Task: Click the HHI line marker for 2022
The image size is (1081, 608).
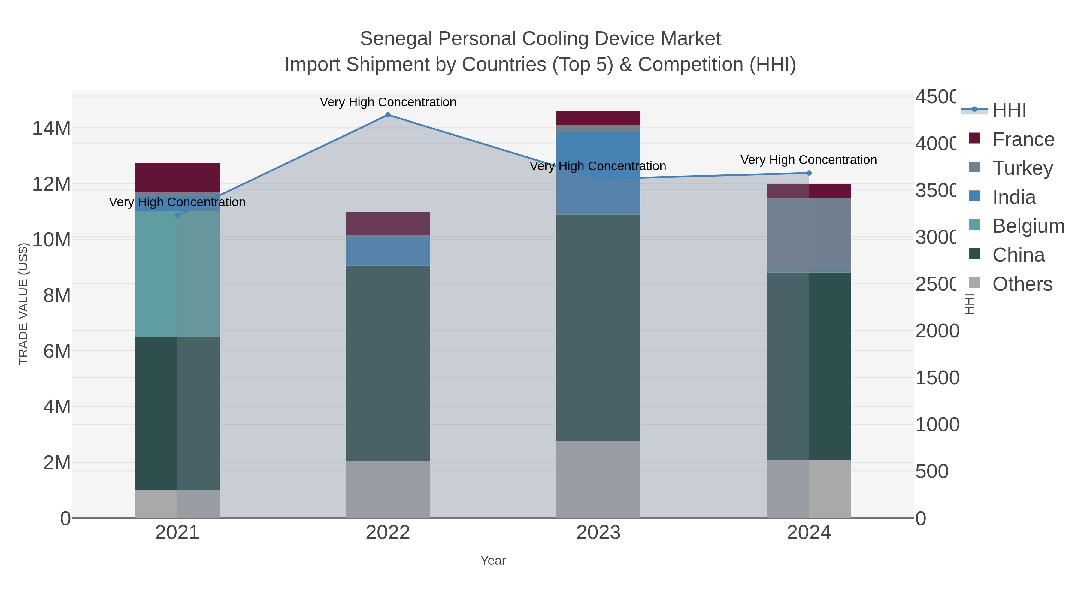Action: click(x=388, y=115)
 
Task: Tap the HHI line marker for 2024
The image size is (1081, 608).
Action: click(x=809, y=173)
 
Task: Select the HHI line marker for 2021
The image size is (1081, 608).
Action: click(x=177, y=216)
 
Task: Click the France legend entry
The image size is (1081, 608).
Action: click(x=1023, y=139)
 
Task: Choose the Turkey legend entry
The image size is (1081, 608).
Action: click(x=1022, y=168)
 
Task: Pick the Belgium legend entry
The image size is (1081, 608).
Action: click(x=1028, y=226)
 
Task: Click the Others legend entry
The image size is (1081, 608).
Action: click(x=1022, y=284)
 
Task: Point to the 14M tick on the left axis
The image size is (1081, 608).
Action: click(x=51, y=129)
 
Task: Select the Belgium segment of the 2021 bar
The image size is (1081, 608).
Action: click(x=177, y=274)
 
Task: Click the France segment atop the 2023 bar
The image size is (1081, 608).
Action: click(x=598, y=118)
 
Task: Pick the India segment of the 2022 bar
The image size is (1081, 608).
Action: click(x=388, y=250)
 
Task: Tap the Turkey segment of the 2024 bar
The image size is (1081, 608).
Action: click(x=809, y=235)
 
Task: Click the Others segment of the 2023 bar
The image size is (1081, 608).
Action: click(x=598, y=479)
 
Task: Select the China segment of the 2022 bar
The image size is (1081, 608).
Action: click(x=388, y=363)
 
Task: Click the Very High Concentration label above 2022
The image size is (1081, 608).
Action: click(x=388, y=102)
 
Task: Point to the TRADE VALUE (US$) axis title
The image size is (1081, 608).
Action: click(x=23, y=304)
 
